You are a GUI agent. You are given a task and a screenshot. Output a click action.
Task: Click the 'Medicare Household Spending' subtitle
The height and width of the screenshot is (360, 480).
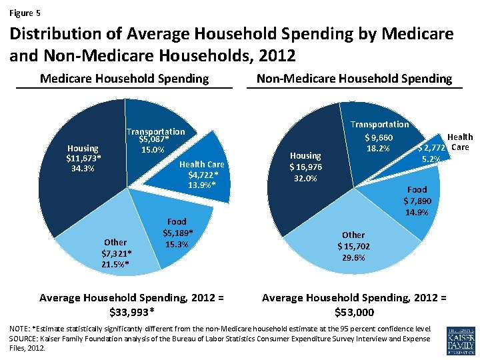[124, 79]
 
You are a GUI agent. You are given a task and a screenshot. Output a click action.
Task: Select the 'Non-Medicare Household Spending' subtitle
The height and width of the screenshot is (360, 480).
[354, 79]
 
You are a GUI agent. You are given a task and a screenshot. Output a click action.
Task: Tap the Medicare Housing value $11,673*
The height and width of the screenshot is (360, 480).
[83, 158]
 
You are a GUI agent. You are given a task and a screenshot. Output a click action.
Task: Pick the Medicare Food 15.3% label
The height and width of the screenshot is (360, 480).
[177, 244]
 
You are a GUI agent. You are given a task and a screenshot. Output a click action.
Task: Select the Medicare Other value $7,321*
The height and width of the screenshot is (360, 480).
[117, 253]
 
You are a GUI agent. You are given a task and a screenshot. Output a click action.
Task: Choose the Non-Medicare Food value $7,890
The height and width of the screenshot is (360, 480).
[417, 201]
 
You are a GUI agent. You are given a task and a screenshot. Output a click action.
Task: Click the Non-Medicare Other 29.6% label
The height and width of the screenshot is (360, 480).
[353, 257]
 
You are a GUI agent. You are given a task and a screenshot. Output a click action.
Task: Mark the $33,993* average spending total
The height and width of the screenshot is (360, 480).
[131, 312]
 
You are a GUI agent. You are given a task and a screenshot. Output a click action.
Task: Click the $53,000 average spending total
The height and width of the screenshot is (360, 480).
[355, 312]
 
